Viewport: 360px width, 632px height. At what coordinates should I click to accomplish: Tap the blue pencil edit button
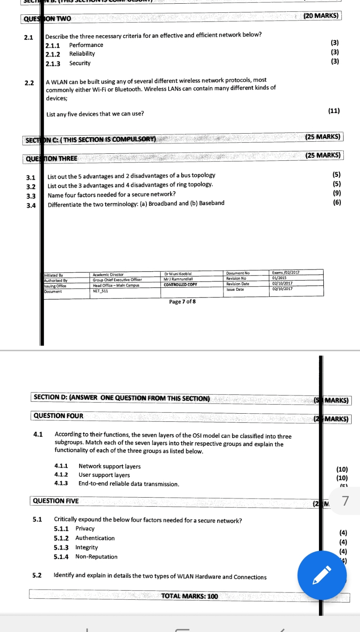[x=322, y=575]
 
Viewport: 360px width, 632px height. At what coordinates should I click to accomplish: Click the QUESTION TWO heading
[x=47, y=19]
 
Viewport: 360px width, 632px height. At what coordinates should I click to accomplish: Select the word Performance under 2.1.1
[x=86, y=45]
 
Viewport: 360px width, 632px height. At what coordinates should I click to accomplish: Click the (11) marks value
[x=334, y=111]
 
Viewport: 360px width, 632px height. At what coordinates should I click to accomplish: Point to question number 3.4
[x=31, y=206]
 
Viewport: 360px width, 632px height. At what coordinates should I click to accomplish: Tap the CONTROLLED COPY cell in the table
[x=180, y=284]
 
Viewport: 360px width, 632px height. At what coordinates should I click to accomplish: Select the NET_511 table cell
[x=100, y=291]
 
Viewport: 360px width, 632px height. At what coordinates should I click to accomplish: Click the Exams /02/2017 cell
[x=286, y=273]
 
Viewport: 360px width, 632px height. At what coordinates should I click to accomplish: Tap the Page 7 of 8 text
[x=182, y=302]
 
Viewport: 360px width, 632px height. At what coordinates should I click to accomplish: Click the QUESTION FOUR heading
[x=58, y=416]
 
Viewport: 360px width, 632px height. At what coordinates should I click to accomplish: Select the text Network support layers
[x=109, y=466]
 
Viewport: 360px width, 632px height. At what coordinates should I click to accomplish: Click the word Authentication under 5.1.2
[x=95, y=538]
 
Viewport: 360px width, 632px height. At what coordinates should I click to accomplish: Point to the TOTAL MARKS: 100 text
[x=189, y=596]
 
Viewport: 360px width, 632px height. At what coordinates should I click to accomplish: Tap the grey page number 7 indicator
[x=345, y=501]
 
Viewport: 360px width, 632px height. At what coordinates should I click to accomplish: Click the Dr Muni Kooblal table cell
[x=178, y=274]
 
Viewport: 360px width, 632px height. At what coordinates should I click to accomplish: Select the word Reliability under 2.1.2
[x=82, y=54]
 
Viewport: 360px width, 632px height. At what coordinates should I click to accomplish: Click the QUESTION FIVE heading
[x=56, y=501]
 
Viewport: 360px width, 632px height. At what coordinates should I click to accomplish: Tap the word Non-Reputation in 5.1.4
[x=97, y=557]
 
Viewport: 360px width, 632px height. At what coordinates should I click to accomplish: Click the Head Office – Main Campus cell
[x=116, y=286]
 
